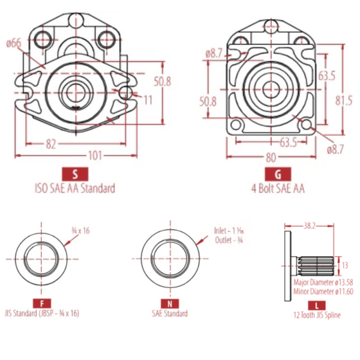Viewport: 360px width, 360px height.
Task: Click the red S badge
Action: point(75,174)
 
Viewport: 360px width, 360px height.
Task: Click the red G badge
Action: point(278,174)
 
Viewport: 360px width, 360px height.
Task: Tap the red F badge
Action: point(42,304)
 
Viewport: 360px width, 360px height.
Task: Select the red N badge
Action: point(170,304)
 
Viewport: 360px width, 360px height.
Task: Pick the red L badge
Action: point(317,305)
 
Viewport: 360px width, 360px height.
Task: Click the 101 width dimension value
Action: point(95,156)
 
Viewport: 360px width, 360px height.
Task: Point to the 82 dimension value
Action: point(51,144)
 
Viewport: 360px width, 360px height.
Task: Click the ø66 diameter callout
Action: point(14,43)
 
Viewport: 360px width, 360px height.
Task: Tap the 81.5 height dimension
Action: point(344,101)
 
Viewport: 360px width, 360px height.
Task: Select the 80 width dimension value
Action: point(271,157)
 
